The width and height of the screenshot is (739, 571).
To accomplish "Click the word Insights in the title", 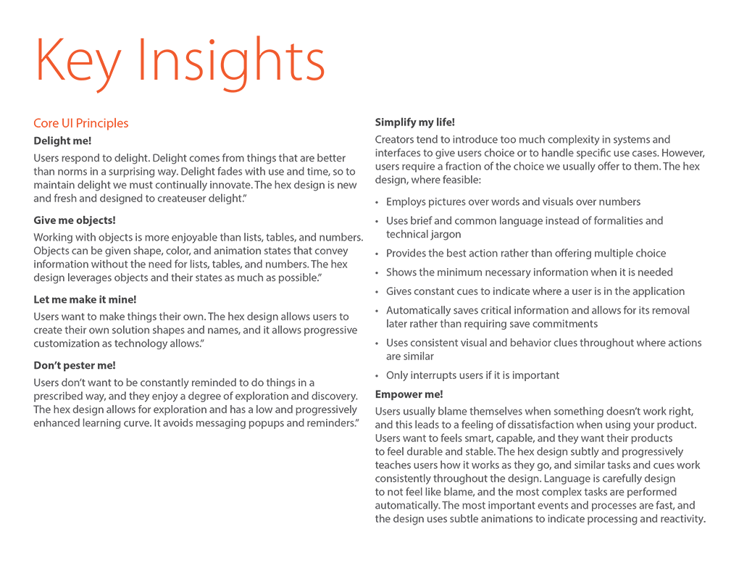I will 231,61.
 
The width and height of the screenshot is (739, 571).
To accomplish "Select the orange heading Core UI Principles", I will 81,123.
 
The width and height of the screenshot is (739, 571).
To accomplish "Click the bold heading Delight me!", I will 62,141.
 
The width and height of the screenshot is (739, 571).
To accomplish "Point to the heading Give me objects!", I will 75,220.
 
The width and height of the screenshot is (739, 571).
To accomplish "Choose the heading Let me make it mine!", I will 85,299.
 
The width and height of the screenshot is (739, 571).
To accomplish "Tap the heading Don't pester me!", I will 75,365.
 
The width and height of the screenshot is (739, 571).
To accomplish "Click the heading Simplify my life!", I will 415,122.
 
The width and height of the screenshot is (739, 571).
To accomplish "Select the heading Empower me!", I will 409,394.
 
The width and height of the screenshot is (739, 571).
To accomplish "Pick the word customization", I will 67,343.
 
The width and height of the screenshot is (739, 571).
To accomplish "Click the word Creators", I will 396,139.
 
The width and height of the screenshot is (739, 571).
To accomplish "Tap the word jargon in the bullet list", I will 445,234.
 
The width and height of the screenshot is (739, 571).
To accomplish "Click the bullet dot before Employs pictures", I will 377,202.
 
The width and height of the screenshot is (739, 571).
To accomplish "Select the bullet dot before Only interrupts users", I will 377,375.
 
